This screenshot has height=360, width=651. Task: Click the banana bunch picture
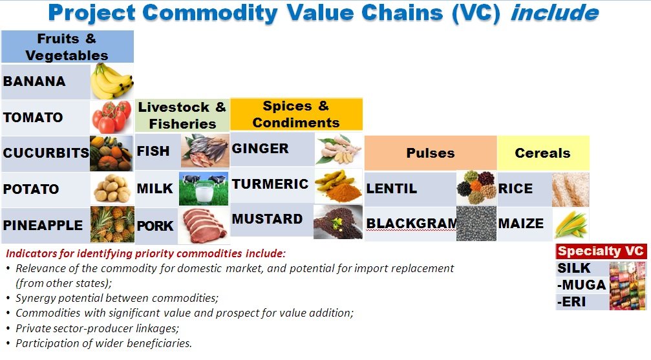point(112,81)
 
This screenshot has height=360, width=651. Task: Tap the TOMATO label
point(33,118)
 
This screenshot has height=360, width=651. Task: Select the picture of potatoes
point(112,189)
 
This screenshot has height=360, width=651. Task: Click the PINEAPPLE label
point(43,225)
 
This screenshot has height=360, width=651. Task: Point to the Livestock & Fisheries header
point(182,116)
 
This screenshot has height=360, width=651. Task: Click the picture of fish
point(205,151)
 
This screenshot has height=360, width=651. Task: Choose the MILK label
point(155,189)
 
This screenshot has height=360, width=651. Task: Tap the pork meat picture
point(204,226)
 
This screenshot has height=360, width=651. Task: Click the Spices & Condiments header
point(296,114)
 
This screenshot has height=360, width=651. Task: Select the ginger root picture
point(338,149)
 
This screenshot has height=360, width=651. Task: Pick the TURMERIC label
point(270,184)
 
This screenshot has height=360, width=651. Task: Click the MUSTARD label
point(267,219)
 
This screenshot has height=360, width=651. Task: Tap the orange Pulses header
point(431,153)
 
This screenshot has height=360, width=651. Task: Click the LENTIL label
point(392,189)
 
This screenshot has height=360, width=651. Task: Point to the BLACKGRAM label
point(411,224)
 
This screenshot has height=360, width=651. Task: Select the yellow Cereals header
point(543,153)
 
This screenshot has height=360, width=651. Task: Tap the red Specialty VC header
point(601,251)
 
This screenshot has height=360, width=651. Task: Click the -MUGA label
point(582,285)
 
